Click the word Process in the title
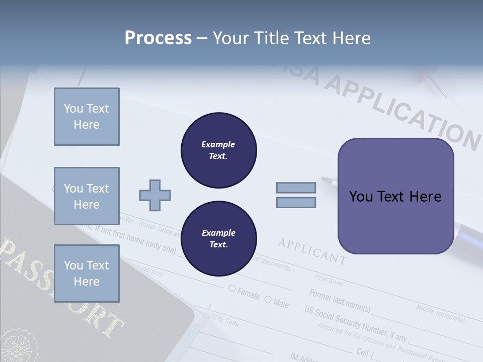click(158, 38)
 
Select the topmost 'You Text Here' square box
click(87, 117)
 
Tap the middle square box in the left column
click(87, 196)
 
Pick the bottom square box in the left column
click(87, 273)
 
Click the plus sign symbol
click(154, 195)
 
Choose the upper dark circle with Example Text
click(218, 150)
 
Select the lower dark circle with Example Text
click(218, 238)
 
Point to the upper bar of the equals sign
click(296, 188)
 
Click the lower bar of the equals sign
click(296, 202)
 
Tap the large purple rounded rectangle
click(395, 196)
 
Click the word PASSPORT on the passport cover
click(60, 287)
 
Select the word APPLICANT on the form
click(312, 251)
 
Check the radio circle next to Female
click(232, 289)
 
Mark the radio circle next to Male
click(268, 300)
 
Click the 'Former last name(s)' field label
click(340, 301)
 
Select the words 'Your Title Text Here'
click(292, 38)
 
